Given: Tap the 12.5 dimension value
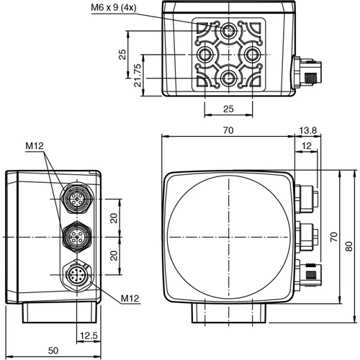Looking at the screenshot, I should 89,335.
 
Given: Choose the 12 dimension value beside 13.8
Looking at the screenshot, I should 307,146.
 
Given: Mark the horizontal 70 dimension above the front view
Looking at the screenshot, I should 228,130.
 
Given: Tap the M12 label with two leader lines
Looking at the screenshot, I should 35,146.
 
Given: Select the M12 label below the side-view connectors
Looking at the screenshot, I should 130,298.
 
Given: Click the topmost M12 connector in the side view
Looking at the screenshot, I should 76,198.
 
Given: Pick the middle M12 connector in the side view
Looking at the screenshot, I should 76,235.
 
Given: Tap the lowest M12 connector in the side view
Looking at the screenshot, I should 76,274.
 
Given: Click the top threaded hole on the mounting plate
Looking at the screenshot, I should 228,31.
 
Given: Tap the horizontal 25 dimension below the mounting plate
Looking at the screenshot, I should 228,108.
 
